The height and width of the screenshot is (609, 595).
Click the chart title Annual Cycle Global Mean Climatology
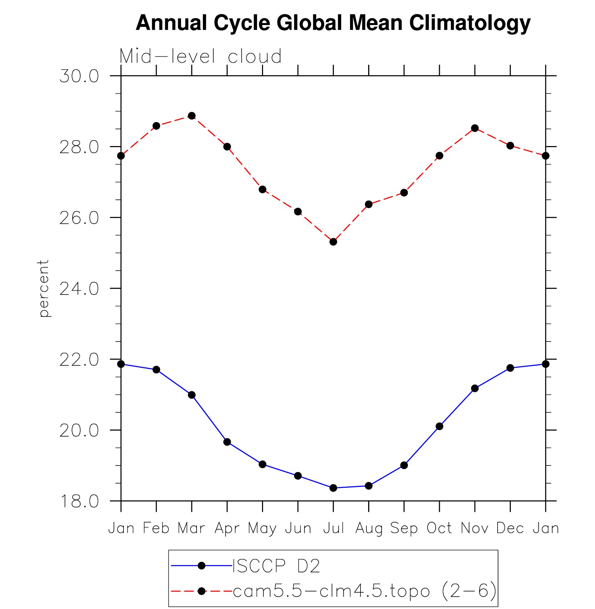(x=333, y=23)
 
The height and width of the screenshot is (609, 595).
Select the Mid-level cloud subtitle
(x=200, y=56)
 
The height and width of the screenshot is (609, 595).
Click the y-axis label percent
(x=43, y=288)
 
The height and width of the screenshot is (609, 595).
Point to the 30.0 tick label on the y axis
(x=79, y=76)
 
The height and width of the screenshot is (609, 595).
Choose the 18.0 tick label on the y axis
(x=79, y=502)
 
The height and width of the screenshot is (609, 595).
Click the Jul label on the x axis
(x=333, y=528)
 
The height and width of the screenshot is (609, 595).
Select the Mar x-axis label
(x=191, y=528)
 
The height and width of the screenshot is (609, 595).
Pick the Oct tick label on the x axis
(x=439, y=528)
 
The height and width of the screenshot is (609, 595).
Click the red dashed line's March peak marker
(x=192, y=116)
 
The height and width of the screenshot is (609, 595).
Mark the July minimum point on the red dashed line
(x=333, y=242)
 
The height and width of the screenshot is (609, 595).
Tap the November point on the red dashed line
(x=475, y=128)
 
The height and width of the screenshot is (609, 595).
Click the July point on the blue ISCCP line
(x=333, y=488)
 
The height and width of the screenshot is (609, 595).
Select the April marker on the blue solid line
(x=227, y=442)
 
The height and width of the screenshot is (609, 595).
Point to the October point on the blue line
(x=439, y=426)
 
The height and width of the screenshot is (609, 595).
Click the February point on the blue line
(x=156, y=370)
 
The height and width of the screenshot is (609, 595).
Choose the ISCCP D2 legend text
(x=276, y=566)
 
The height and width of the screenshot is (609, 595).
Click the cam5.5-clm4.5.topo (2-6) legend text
(x=364, y=591)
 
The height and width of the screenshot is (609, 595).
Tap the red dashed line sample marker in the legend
(x=201, y=591)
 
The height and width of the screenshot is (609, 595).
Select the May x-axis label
(x=262, y=528)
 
